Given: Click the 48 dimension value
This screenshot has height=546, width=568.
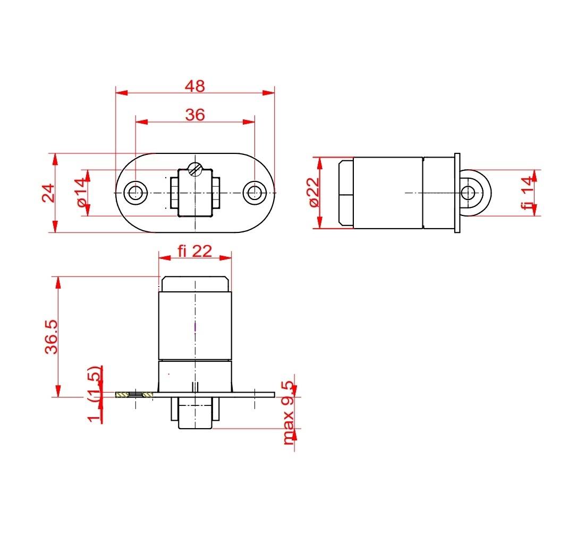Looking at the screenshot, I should (195, 86).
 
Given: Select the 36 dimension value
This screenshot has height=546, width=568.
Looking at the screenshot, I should (195, 115).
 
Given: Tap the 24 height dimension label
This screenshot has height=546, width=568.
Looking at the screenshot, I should (48, 193).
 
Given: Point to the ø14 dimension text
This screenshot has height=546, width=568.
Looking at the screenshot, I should (81, 193).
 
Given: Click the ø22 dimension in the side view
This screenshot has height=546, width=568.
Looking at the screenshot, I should (313, 192).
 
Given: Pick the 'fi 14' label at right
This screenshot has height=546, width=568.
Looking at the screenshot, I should (527, 193).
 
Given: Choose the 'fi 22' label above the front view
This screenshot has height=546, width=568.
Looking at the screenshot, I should (194, 251).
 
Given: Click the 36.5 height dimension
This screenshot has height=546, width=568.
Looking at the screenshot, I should (50, 336).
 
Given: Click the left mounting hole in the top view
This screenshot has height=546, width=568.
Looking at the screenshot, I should (135, 193).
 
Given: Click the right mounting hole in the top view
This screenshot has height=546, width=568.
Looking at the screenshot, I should (255, 193).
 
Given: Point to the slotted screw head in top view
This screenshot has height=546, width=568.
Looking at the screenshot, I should (196, 169).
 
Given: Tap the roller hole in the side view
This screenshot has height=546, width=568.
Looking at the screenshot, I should (468, 193).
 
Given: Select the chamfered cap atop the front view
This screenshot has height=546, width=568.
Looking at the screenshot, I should (195, 284).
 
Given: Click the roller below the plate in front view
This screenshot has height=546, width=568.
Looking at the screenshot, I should (195, 414).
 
